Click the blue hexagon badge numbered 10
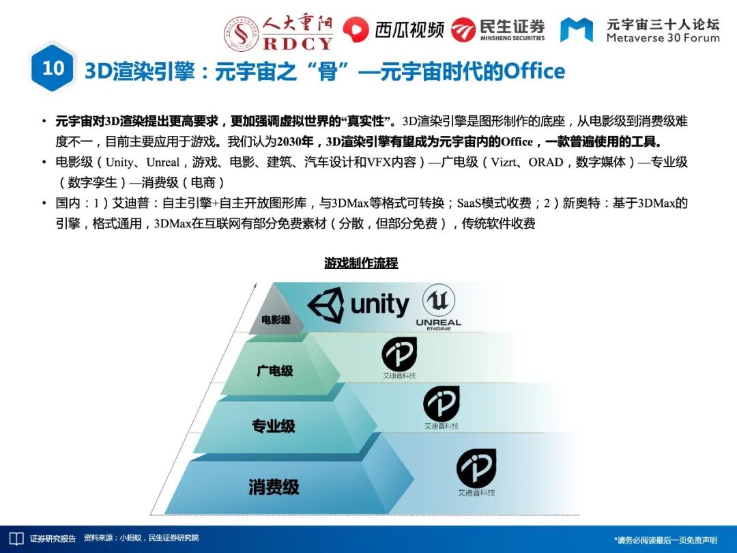[53, 68]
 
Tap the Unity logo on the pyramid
[359, 305]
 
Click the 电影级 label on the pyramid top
[276, 320]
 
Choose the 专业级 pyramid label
[274, 426]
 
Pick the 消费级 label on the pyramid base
[274, 487]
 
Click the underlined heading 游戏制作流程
[361, 263]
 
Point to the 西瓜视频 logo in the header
[393, 29]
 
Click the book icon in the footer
[16, 539]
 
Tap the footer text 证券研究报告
[53, 539]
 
